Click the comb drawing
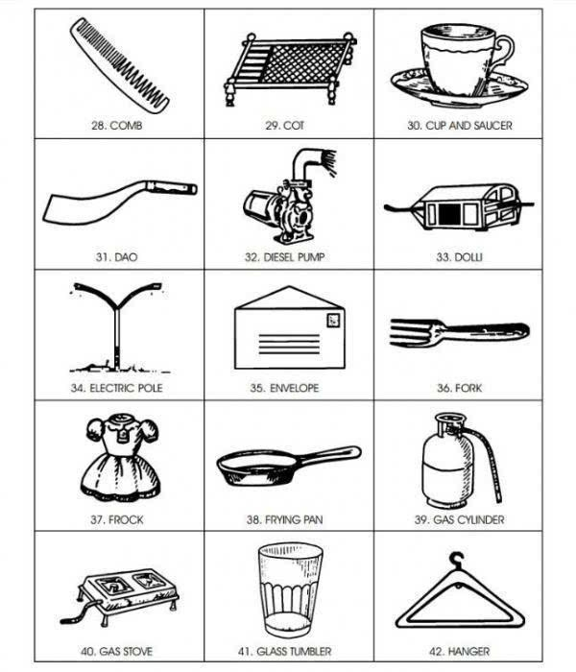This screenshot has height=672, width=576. (120, 66)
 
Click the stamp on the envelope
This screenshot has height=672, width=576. (333, 320)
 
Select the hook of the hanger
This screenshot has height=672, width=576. (457, 560)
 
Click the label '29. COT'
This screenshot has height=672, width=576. (284, 126)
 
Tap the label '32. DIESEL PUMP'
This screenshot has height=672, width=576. (284, 257)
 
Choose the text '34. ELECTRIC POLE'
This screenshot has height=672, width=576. (116, 388)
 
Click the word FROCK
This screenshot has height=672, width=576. (126, 520)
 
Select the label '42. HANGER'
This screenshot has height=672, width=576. (459, 652)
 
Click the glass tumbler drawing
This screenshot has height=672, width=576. (290, 590)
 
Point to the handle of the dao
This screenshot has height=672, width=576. (172, 187)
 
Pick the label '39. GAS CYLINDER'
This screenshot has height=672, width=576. (459, 520)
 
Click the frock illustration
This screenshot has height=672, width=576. (122, 457)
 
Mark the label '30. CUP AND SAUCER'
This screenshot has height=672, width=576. (460, 126)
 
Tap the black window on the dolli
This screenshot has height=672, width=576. (449, 214)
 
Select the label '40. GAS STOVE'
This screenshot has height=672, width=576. (116, 652)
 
